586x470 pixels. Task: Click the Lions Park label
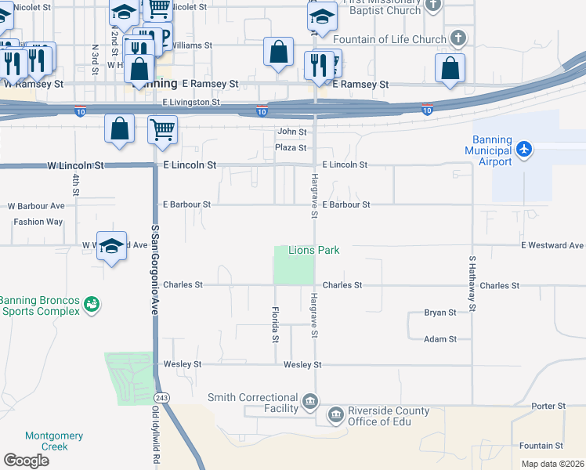[x=314, y=250]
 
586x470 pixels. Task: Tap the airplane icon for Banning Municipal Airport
[x=524, y=149]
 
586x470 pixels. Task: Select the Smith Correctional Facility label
[x=252, y=403]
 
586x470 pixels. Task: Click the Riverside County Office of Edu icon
[x=335, y=414]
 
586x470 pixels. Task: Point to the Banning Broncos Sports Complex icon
[x=92, y=302]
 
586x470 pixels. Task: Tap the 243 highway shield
[x=162, y=397]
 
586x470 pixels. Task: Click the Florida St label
[x=275, y=324]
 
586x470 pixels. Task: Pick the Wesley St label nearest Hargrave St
[x=302, y=365]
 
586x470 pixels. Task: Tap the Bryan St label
[x=439, y=313]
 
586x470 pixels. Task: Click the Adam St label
[x=439, y=339]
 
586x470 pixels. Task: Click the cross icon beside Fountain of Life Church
[x=459, y=38]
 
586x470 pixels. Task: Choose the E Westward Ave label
[x=553, y=245]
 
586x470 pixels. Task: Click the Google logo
[x=26, y=461]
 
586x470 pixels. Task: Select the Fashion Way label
[x=38, y=222]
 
